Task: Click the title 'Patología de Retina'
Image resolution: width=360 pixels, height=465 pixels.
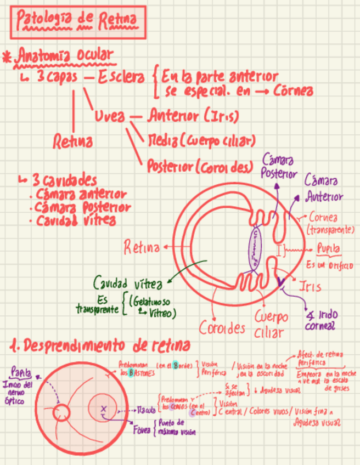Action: tap(77, 21)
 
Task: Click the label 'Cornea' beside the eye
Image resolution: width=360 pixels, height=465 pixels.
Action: tap(323, 217)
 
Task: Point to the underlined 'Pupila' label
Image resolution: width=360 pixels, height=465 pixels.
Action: tap(329, 249)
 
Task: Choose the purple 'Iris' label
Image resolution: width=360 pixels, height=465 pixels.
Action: tap(310, 286)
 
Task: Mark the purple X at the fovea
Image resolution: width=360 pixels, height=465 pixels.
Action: tap(103, 407)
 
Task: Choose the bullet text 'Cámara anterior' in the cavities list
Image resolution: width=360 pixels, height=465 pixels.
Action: tap(81, 194)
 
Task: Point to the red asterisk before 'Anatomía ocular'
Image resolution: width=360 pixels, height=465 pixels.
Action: tap(7, 56)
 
